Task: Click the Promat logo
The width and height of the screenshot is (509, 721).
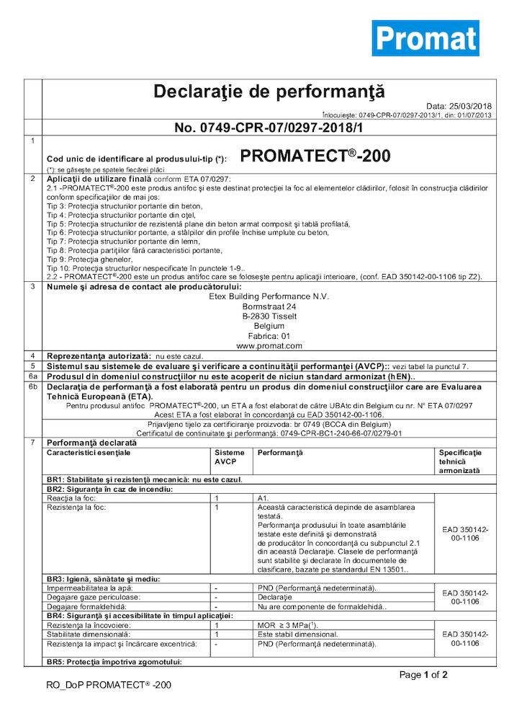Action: coord(425,38)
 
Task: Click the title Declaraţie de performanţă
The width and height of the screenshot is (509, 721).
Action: coord(259,92)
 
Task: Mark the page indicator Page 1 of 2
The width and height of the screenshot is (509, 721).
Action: coord(423,676)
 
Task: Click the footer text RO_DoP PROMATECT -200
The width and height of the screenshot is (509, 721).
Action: coord(104,686)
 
